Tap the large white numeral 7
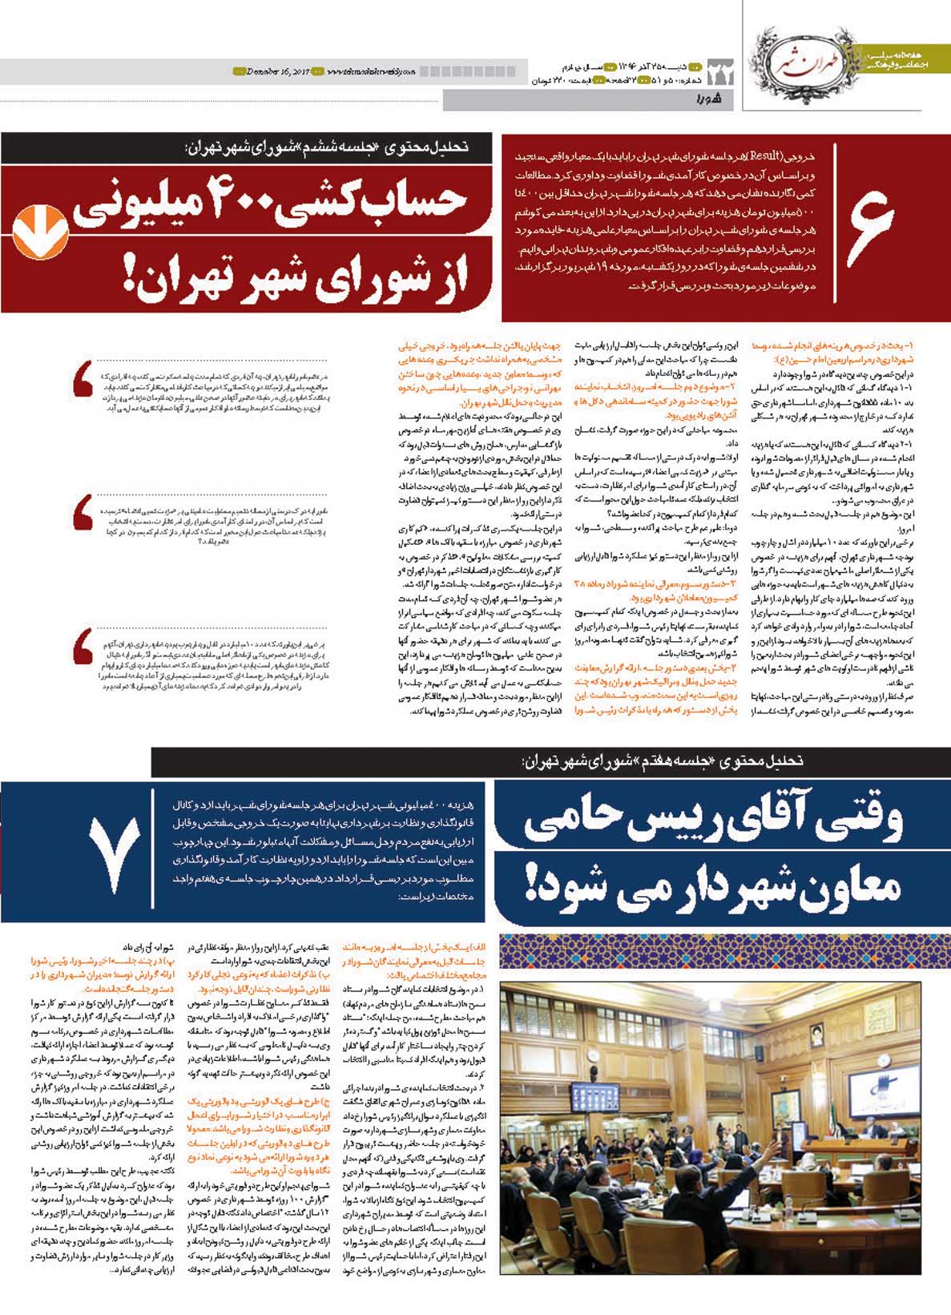tap(115, 855)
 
